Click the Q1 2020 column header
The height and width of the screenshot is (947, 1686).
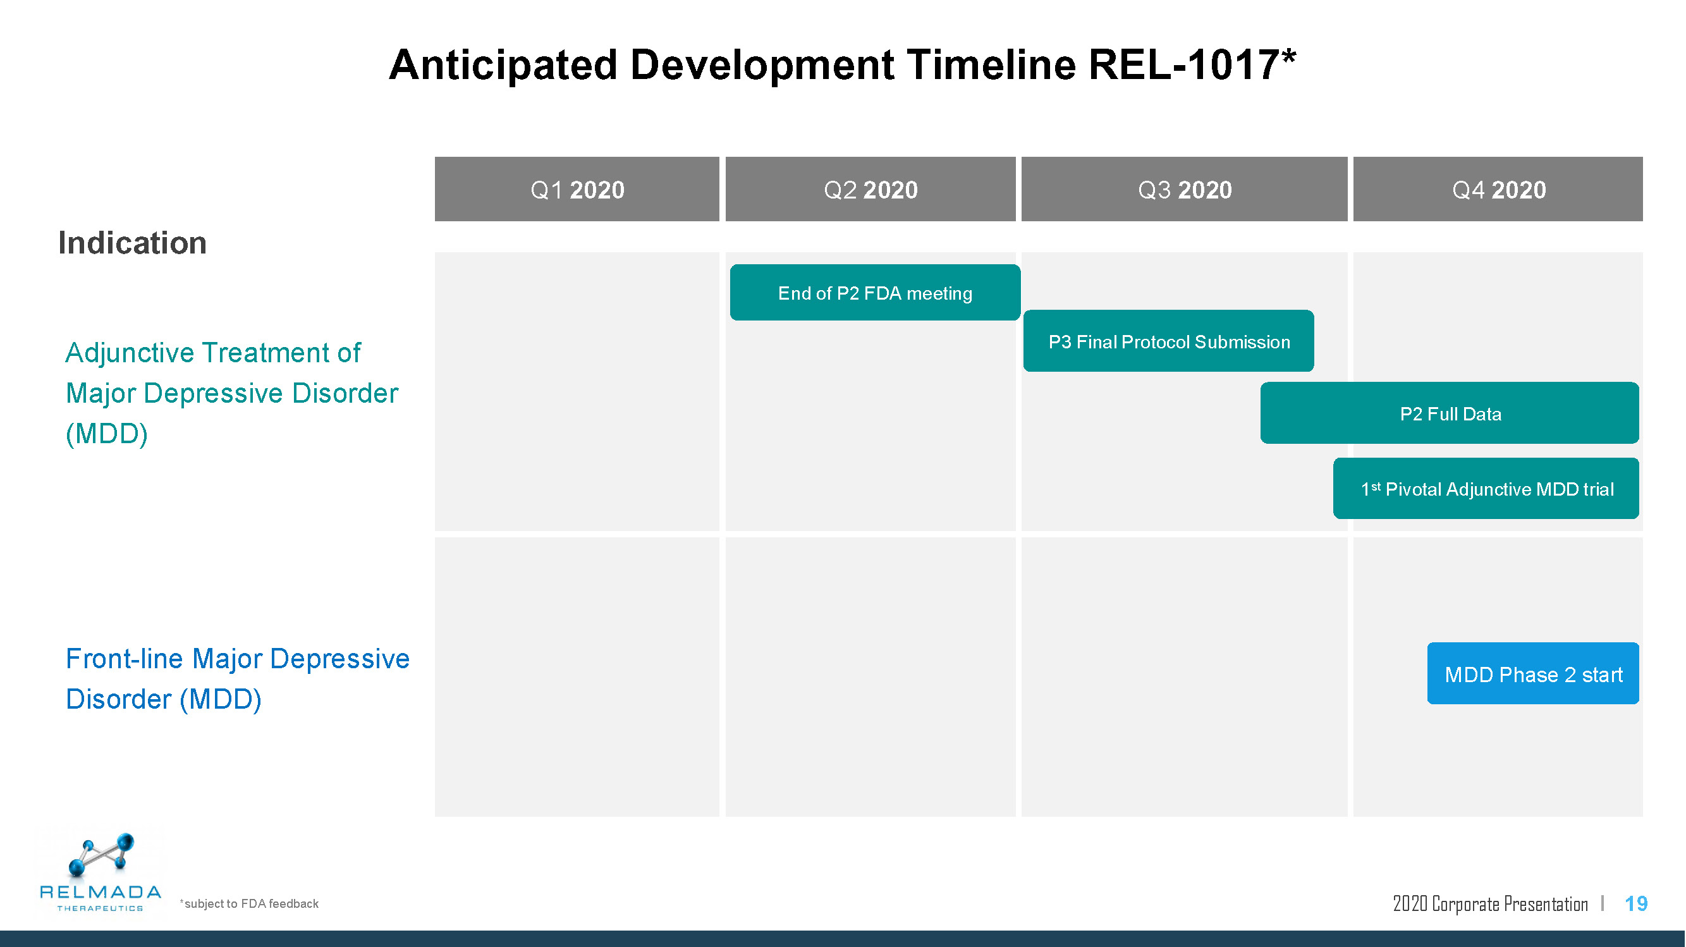577,189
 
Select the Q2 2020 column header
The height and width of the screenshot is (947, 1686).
870,189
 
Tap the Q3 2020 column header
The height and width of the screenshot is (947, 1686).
1184,189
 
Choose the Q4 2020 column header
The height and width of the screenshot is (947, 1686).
1498,189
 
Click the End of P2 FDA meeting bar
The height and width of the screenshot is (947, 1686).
875,293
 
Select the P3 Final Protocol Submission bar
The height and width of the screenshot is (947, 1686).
1168,341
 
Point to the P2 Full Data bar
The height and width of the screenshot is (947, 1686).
1450,413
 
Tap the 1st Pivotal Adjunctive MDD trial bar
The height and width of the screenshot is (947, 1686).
1486,488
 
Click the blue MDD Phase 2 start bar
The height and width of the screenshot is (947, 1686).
1533,673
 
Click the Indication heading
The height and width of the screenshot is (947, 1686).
132,243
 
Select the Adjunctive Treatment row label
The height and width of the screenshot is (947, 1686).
232,393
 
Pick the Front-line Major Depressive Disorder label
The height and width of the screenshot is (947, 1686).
238,679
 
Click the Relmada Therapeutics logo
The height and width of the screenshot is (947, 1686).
100,872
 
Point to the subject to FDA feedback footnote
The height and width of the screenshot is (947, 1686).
248,904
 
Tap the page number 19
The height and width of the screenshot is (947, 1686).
1635,904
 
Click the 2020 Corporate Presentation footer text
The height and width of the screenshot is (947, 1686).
1490,904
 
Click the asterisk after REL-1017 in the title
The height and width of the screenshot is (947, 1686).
1289,56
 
